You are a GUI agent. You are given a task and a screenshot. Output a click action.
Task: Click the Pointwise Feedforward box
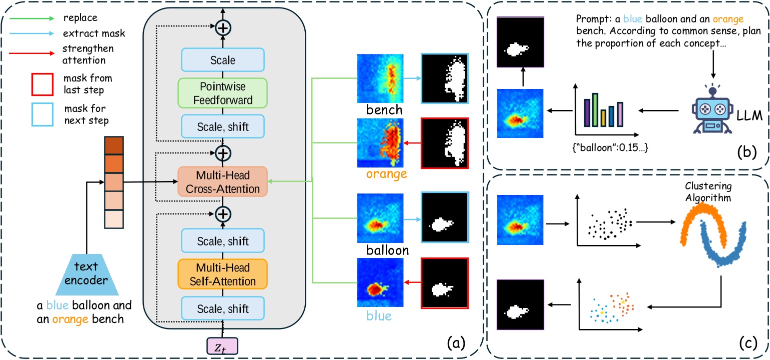[x=223, y=94]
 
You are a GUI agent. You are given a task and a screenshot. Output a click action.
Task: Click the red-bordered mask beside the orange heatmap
[x=444, y=142]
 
